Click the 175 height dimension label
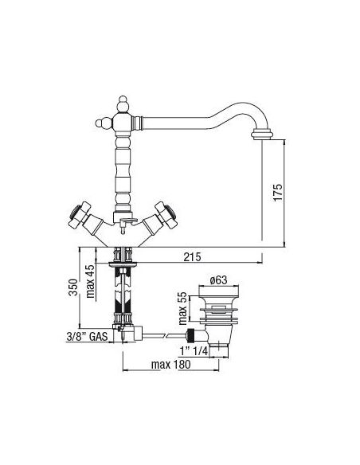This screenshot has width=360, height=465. click(278, 193)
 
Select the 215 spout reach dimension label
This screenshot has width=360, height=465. click(192, 257)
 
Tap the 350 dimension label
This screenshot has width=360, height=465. click(73, 287)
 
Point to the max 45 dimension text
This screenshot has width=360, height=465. click(91, 281)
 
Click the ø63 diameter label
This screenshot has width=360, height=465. click(218, 280)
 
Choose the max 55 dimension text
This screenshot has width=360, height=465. click(183, 308)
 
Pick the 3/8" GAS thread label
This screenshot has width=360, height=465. click(87, 337)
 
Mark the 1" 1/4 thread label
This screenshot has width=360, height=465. click(194, 351)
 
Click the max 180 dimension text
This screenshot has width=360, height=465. click(170, 365)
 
